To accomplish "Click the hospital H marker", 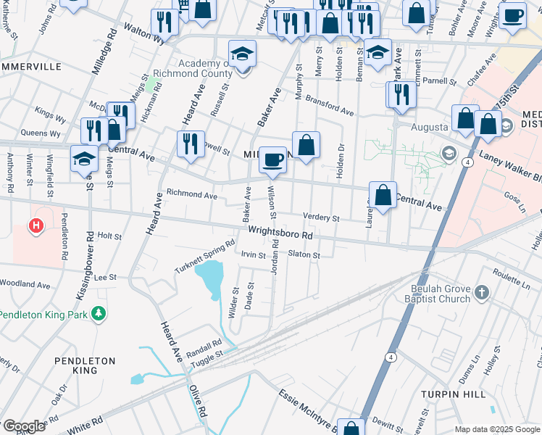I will (36, 227).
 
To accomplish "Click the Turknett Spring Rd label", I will (205, 257).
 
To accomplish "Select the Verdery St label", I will (322, 217).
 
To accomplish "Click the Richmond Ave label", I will (192, 194).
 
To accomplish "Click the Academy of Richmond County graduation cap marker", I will (242, 54).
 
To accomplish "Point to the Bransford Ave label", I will (330, 106).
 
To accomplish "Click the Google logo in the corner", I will (23, 426).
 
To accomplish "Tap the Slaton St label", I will (304, 254).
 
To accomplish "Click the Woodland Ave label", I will (24, 284).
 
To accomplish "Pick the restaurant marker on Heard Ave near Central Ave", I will (191, 144).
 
